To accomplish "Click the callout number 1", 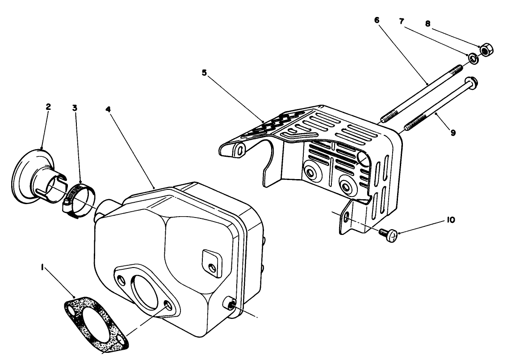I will click(42, 267).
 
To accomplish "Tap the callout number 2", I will click(48, 107).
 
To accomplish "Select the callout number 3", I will click(75, 108).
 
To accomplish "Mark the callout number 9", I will click(453, 133).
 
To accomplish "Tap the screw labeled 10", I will click(388, 234).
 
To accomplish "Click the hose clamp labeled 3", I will click(77, 197).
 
